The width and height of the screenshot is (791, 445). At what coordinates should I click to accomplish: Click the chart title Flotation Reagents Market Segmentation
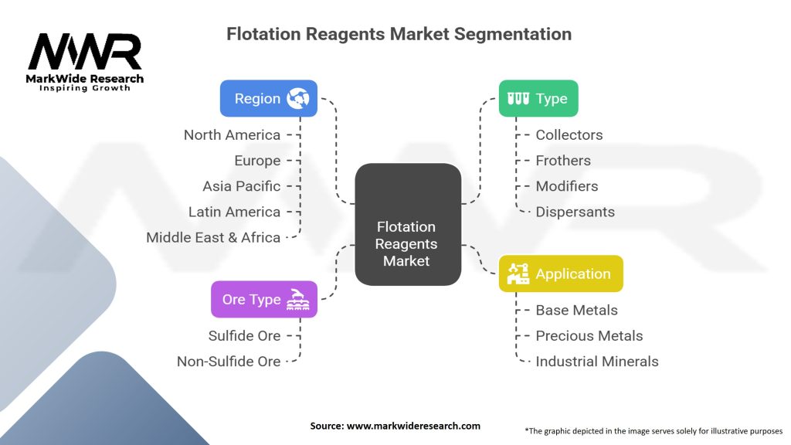[399, 34]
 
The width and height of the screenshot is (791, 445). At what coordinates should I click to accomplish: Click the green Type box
[538, 98]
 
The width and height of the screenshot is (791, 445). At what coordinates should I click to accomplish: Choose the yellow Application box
[560, 273]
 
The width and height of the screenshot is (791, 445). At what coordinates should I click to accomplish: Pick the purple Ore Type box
[263, 299]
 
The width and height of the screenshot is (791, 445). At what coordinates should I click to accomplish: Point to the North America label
[232, 134]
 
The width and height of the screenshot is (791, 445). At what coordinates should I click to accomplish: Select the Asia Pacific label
[241, 186]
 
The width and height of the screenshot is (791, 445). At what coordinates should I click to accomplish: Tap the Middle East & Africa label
[213, 237]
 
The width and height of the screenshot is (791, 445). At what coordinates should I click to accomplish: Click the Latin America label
[234, 212]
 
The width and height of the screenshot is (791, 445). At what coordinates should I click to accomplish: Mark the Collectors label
[569, 134]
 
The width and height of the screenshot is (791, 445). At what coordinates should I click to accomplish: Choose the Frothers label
[563, 161]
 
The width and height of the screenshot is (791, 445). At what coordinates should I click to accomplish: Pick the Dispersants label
[575, 212]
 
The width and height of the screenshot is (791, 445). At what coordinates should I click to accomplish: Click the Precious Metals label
[589, 335]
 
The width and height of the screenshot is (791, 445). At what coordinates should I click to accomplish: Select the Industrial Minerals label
[596, 361]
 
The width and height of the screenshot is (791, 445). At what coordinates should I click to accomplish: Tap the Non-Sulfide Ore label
[229, 361]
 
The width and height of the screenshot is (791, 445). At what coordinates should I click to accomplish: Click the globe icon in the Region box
[297, 98]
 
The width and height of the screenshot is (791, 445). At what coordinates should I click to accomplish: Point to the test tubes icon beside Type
[518, 98]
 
